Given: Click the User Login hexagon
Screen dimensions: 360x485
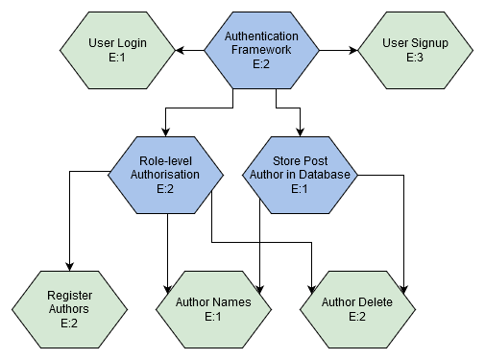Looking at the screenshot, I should click(117, 50).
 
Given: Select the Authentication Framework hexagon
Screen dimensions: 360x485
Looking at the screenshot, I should click(261, 50).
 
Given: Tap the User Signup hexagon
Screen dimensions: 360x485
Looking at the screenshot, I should click(415, 50).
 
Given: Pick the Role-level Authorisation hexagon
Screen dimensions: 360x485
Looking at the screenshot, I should click(165, 175).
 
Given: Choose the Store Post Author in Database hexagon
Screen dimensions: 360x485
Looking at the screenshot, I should click(300, 175).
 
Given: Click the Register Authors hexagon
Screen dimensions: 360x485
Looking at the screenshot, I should click(69, 309).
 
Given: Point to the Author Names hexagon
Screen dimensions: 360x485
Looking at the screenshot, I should click(213, 309).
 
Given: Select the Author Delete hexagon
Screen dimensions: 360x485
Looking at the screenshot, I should click(357, 309).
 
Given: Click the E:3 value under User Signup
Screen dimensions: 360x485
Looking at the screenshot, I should click(415, 58).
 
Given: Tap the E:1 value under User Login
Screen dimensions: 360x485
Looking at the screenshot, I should click(117, 58).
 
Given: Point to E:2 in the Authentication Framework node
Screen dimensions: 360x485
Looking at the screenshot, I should click(261, 64).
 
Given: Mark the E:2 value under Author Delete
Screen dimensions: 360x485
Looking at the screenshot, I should click(357, 317).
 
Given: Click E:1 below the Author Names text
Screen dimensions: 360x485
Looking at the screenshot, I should click(213, 317).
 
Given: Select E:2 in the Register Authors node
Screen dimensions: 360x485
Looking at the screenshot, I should click(69, 324).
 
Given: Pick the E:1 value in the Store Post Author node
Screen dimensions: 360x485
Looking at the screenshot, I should click(300, 189).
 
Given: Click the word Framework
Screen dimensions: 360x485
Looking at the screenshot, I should click(261, 50).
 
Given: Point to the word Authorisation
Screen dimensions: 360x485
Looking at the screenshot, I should click(165, 175).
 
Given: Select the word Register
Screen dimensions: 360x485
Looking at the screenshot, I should click(69, 295).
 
